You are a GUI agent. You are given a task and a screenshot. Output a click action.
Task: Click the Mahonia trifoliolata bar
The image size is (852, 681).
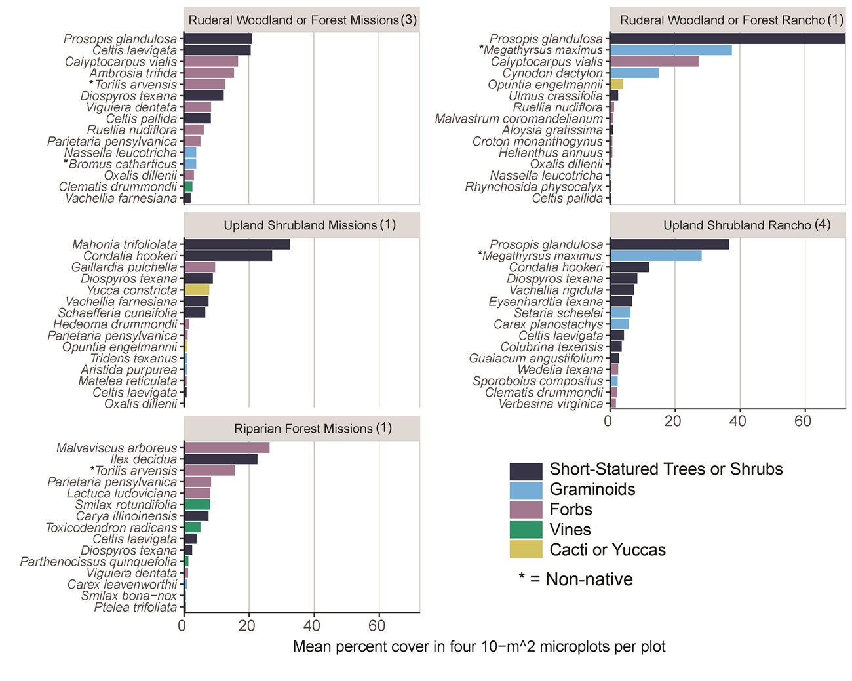coord(237,244)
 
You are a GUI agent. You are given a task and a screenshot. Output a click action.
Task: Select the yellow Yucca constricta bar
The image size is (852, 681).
coord(197,290)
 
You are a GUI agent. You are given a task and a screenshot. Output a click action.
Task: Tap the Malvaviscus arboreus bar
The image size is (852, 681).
coord(227,448)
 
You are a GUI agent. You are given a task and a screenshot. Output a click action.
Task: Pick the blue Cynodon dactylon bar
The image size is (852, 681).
coord(634,73)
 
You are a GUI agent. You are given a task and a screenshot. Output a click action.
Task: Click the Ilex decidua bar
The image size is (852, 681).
coord(220,459)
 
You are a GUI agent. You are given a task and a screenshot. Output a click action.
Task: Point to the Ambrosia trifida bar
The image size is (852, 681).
coord(208,73)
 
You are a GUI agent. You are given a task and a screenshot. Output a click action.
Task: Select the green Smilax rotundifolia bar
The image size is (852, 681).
coord(197,505)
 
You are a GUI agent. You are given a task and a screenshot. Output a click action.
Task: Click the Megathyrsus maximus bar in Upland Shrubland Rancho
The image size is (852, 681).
coord(655,256)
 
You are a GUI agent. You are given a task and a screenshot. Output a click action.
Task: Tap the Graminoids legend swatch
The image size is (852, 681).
coord(526,490)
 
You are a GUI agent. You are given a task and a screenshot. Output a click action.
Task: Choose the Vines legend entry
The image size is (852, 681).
coord(570,530)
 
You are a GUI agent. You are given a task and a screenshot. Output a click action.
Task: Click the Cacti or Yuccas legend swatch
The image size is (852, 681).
coord(526,549)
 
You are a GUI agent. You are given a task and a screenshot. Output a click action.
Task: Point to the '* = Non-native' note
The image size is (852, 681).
coord(575,579)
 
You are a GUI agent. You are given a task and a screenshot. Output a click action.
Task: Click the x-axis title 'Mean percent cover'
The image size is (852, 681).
coord(478,646)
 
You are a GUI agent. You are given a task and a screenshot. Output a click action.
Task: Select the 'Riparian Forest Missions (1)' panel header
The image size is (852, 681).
coord(313,428)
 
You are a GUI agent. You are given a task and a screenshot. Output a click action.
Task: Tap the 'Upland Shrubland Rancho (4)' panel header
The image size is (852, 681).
coord(746,225)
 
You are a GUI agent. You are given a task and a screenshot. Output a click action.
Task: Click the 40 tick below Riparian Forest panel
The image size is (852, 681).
coord(313,625)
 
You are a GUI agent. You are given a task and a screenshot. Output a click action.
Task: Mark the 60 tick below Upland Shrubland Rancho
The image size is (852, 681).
coord(803,421)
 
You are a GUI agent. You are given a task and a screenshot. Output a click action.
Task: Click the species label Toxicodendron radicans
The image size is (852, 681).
coord(111,528)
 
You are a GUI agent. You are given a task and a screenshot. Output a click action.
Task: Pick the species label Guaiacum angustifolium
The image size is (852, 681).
coord(535,359)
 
